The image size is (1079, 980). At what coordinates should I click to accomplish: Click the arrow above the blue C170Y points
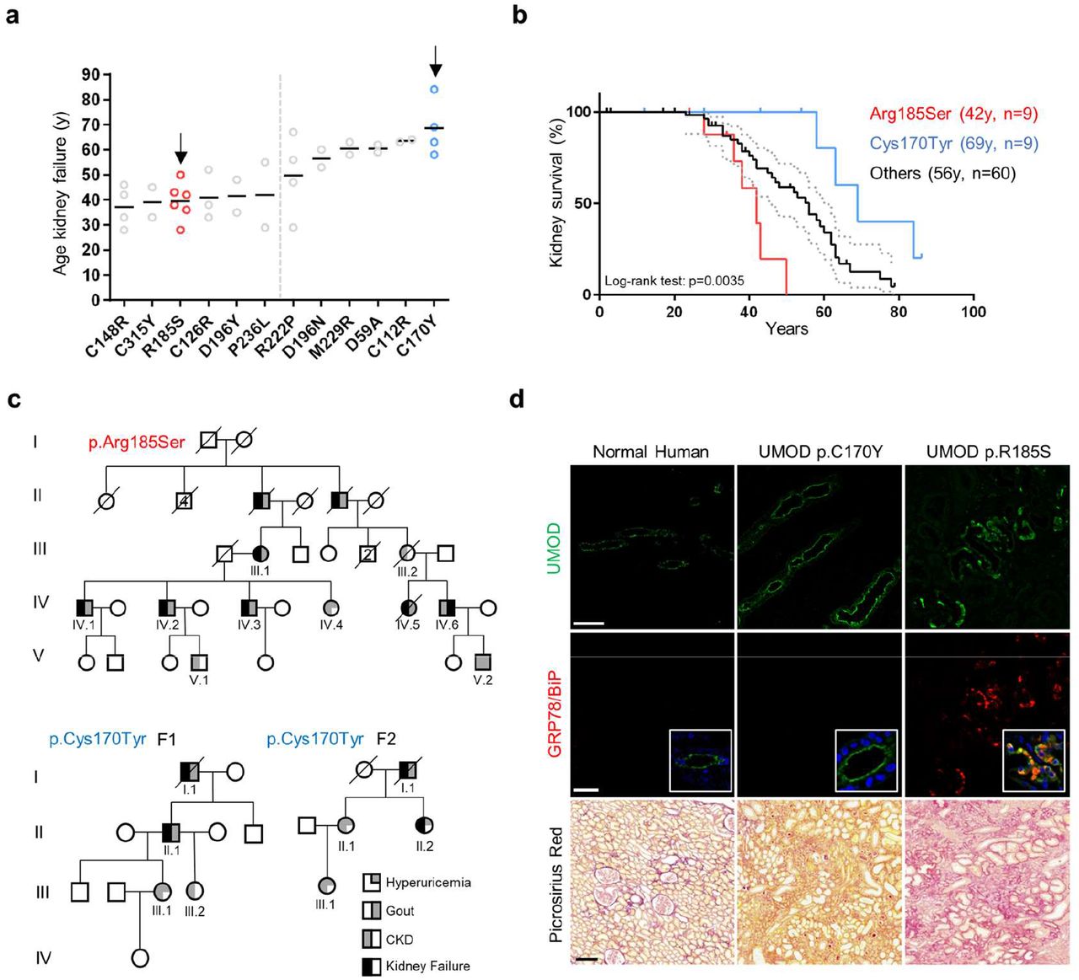[435, 61]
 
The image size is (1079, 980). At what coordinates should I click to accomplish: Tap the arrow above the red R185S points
[180, 149]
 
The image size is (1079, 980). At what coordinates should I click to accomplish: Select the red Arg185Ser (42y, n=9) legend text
[953, 115]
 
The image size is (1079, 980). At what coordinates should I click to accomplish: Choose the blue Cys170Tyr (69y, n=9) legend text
[953, 143]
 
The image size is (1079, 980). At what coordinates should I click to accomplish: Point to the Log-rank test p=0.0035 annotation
[674, 281]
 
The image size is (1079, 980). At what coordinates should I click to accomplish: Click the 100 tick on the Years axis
[973, 312]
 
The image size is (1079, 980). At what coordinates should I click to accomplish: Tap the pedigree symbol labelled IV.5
[409, 607]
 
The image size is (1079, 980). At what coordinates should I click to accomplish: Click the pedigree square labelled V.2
[482, 661]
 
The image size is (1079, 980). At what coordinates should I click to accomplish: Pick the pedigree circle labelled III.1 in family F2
[325, 886]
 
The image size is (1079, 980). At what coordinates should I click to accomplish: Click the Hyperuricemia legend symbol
[371, 882]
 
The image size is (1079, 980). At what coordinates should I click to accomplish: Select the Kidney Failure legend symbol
[371, 966]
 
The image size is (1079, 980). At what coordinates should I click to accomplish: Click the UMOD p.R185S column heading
[988, 452]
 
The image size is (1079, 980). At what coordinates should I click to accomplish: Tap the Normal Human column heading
[650, 452]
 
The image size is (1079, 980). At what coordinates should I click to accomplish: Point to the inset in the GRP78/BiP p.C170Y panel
[866, 761]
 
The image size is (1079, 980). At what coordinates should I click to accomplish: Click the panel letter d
[517, 398]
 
